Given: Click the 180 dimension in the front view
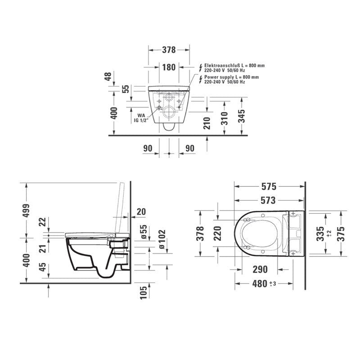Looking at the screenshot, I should point(168,67).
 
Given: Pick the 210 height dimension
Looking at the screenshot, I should point(207,122).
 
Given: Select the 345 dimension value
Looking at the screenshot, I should point(242,116).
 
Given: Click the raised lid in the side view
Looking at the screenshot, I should point(120,207).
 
